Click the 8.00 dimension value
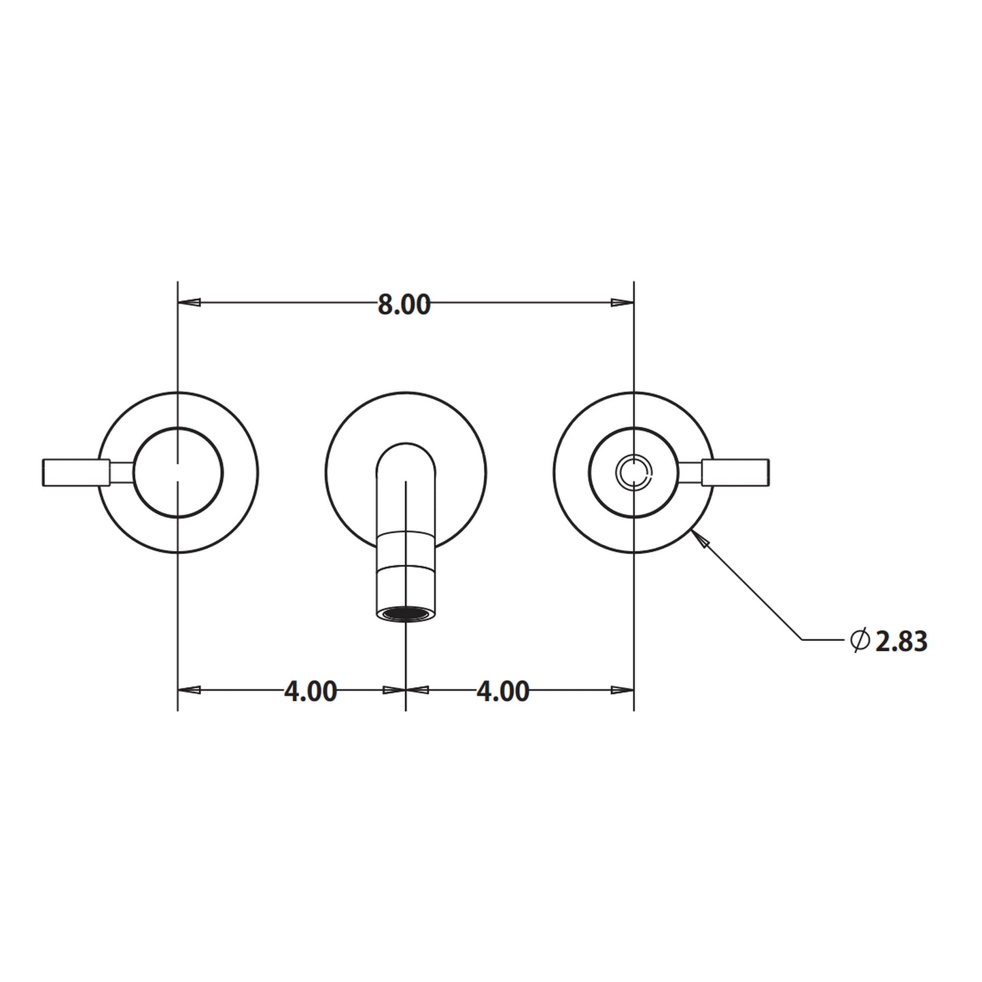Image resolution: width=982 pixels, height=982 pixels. (x=404, y=305)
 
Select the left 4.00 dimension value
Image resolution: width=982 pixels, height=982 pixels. (x=310, y=691)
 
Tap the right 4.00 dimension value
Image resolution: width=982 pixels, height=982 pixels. (x=502, y=691)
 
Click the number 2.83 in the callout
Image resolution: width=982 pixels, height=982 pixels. (x=901, y=642)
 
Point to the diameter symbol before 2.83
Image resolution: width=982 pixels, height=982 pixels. (x=859, y=639)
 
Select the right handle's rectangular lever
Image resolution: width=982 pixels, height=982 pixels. (x=737, y=472)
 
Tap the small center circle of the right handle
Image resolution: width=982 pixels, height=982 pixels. (x=633, y=472)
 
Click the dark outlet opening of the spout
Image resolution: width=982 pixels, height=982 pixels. (x=405, y=614)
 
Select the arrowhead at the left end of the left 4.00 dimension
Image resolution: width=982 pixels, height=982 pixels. (x=190, y=690)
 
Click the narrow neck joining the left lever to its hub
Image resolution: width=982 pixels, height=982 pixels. (x=122, y=472)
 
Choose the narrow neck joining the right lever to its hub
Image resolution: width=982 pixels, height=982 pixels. (x=691, y=472)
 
